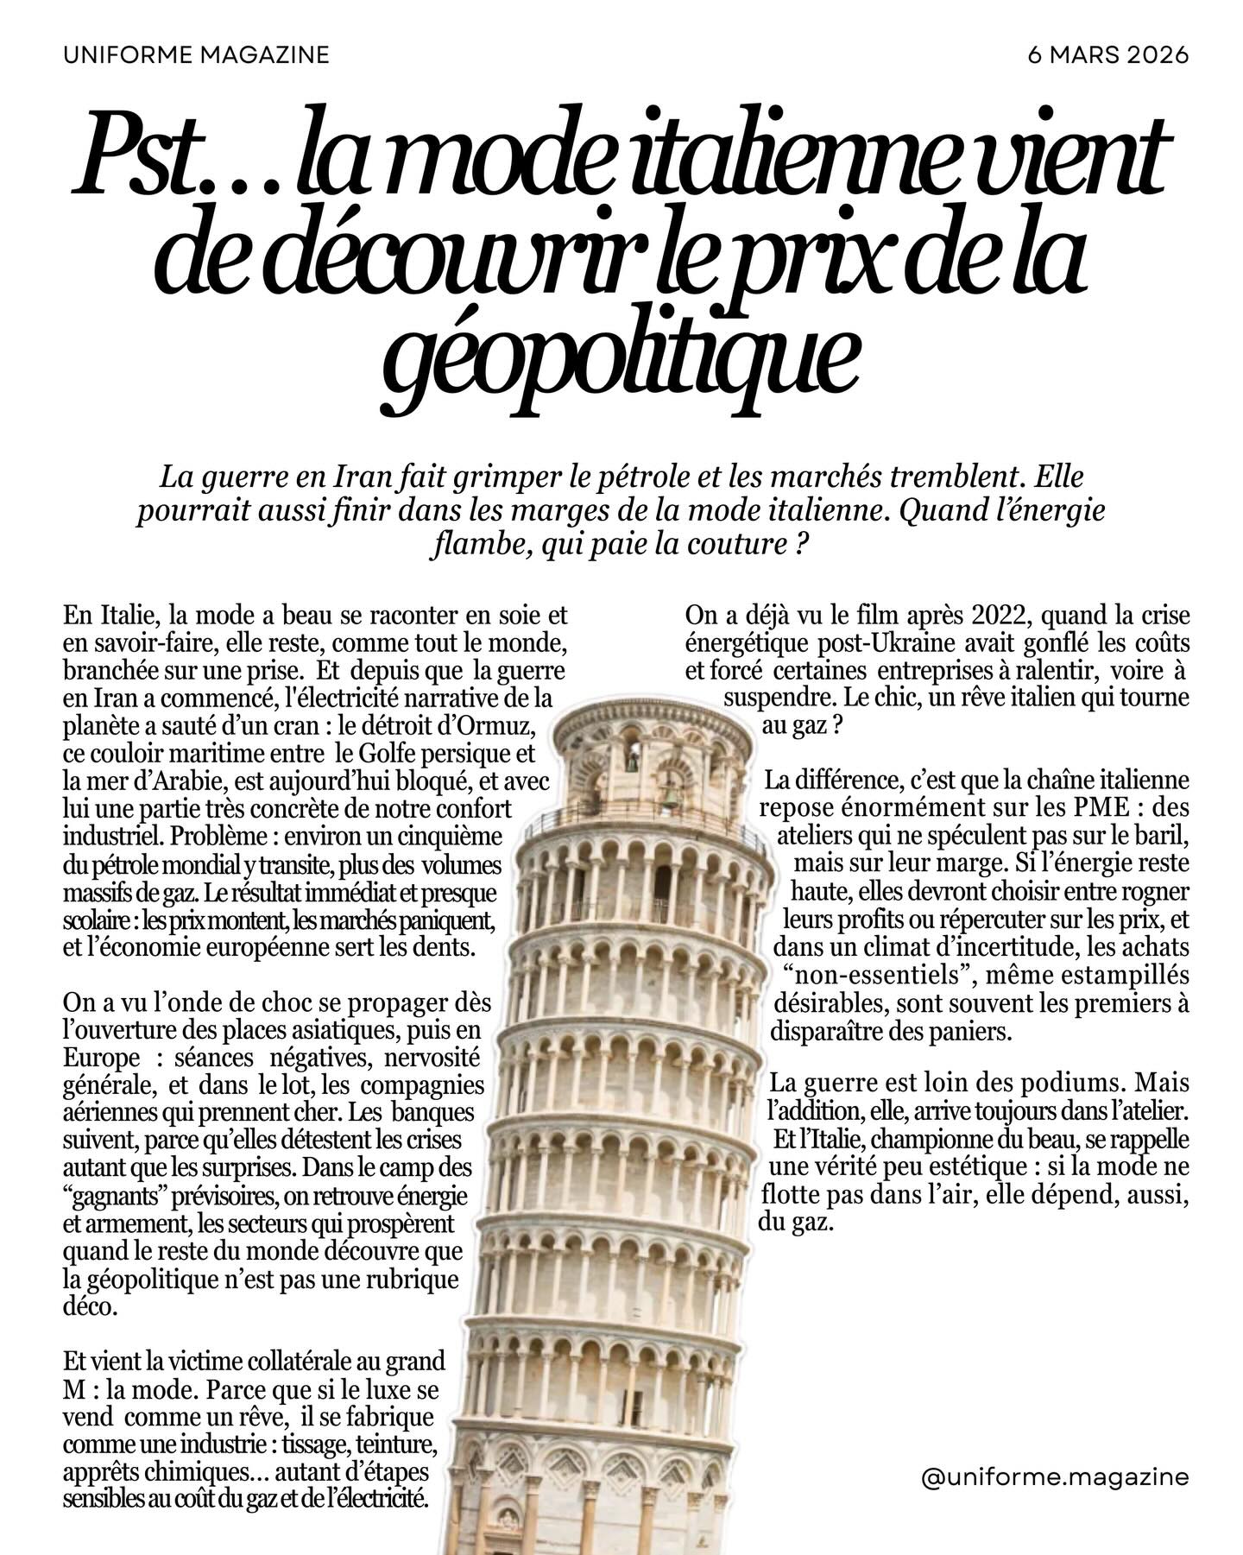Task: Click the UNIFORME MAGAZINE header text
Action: point(196,55)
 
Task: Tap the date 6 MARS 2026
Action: point(1108,55)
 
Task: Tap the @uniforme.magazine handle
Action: point(1055,1478)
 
